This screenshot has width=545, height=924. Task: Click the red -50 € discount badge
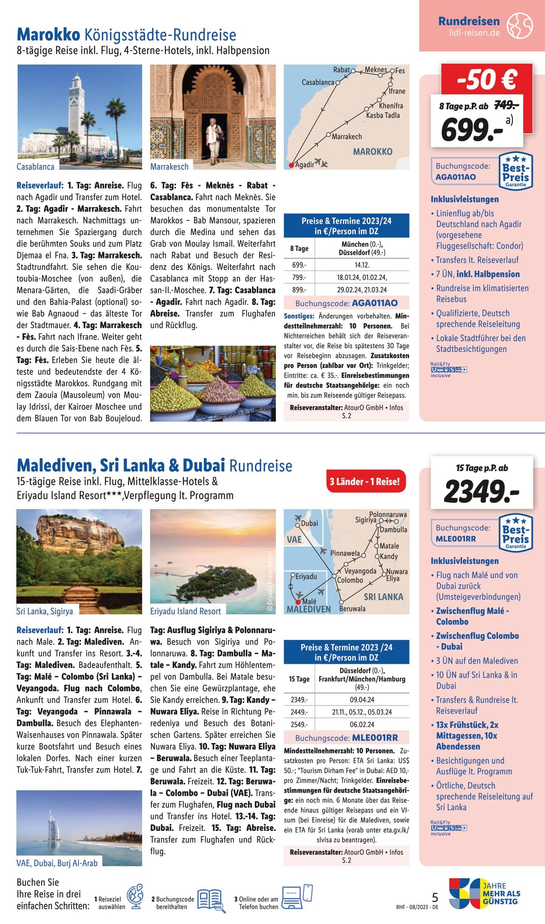point(486,80)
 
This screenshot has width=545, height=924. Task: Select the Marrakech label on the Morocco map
point(347,137)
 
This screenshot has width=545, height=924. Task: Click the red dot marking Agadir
point(291,165)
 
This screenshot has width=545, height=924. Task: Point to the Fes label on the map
point(400,71)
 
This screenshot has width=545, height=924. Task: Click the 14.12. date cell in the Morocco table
point(361,265)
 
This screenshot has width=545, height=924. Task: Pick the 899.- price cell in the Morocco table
point(299,290)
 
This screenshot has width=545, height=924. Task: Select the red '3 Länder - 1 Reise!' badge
point(364,481)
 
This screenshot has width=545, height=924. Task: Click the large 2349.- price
point(481,491)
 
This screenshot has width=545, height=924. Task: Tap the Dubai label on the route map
point(309,523)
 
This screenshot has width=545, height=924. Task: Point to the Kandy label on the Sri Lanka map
point(389,556)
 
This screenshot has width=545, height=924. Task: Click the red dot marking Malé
point(298,602)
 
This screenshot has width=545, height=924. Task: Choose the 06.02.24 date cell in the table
point(361,725)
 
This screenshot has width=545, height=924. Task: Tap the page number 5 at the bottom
point(435,897)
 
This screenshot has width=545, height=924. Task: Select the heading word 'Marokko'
point(48,35)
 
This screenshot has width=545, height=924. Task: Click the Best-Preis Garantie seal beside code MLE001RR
point(516,533)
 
